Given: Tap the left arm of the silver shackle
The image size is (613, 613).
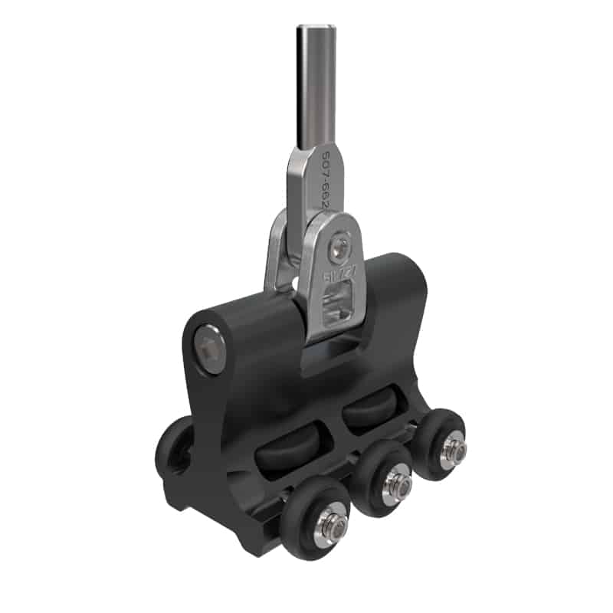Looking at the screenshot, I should (277, 253).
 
